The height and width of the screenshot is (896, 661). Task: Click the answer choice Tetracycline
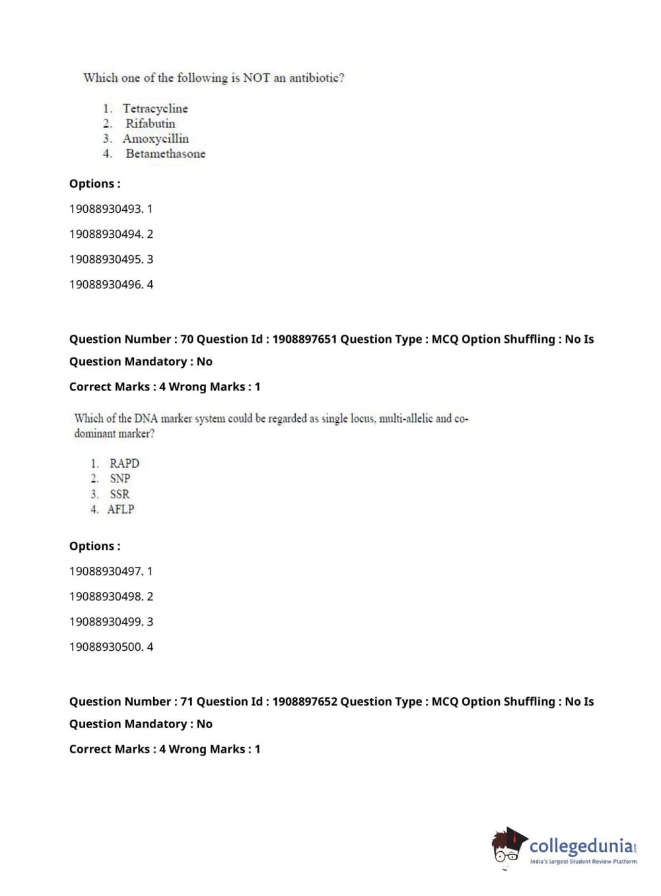(x=155, y=108)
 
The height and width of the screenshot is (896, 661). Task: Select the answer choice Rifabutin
(x=151, y=124)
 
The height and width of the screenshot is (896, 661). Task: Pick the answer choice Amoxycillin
(x=156, y=139)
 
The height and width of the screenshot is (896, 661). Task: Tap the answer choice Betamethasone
(x=166, y=154)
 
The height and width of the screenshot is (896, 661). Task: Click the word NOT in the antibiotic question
(x=256, y=77)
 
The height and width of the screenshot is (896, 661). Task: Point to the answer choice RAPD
(x=124, y=463)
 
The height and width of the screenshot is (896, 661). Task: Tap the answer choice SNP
(x=120, y=478)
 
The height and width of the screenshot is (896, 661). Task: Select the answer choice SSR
(x=120, y=494)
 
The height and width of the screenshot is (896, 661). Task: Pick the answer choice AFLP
(x=121, y=509)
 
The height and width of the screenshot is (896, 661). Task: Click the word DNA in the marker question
(x=145, y=418)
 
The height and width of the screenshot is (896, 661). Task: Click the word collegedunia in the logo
(x=580, y=845)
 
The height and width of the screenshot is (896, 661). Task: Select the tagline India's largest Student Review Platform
(x=583, y=862)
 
